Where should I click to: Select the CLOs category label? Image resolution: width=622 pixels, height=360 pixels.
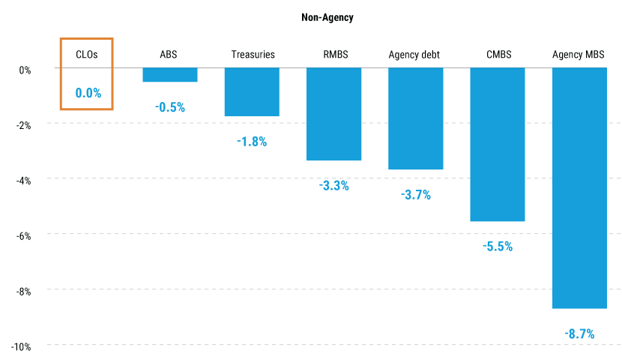(87, 54)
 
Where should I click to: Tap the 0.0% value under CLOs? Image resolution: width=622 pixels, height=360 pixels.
(88, 94)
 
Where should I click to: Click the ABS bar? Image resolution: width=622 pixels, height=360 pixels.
(170, 75)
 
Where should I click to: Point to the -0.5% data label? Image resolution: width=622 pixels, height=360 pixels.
(170, 107)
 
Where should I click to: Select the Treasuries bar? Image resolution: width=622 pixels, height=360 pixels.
(252, 92)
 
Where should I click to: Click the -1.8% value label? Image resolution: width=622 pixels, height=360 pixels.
(252, 141)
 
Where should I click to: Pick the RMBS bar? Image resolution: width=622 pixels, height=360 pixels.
(334, 114)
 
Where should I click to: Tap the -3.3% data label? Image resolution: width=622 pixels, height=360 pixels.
(334, 185)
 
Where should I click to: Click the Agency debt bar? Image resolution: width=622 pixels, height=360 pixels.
(415, 118)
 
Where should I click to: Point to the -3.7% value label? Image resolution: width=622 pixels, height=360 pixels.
(415, 195)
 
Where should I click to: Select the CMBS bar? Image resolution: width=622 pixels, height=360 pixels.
(498, 145)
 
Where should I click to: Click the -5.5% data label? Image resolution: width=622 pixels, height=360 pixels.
(498, 246)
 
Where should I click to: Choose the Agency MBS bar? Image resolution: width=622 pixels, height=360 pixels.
(579, 188)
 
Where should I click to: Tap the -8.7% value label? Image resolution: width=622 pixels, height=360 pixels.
(579, 334)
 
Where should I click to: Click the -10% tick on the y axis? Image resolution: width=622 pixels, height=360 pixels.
(20, 346)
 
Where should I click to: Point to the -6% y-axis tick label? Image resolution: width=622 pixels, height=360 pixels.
(22, 235)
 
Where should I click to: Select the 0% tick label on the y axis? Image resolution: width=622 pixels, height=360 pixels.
(25, 70)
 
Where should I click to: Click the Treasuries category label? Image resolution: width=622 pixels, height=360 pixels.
(252, 54)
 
